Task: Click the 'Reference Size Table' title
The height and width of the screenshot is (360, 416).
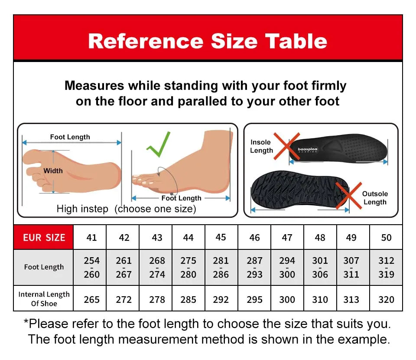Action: coord(208,41)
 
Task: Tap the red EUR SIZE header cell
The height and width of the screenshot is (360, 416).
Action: coord(43,237)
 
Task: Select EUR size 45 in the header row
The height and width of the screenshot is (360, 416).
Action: coord(221,237)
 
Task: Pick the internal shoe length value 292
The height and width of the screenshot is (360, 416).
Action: coord(221,299)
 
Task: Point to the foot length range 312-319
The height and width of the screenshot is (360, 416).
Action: coord(386,267)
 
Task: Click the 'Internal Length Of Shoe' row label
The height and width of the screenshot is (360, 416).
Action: coord(44,299)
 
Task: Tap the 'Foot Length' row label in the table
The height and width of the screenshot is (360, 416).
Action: coord(44,267)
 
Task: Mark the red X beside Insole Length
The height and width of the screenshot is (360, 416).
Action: coord(286,146)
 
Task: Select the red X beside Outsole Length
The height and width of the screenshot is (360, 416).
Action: coord(349,196)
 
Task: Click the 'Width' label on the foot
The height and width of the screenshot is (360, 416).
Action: coord(53,171)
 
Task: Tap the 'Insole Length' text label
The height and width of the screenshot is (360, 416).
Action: coord(261,146)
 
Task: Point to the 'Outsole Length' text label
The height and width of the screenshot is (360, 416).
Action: coord(375,198)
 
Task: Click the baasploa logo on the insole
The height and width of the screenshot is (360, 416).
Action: coord(308,150)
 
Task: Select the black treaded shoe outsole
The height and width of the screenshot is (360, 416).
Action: coord(300,189)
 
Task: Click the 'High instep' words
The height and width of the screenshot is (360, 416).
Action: coord(82,209)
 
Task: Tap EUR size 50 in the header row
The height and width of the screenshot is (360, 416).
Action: coord(386,237)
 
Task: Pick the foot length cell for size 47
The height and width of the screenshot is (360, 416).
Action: coord(287,267)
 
